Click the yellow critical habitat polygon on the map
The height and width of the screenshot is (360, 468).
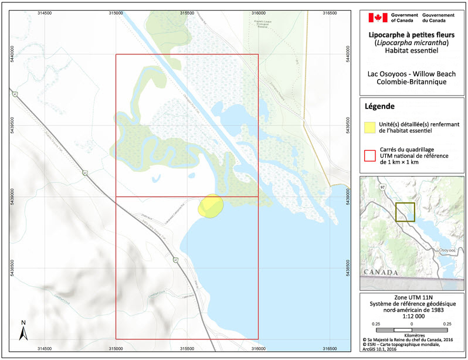(211, 206)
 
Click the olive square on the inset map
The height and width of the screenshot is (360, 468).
(405, 212)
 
